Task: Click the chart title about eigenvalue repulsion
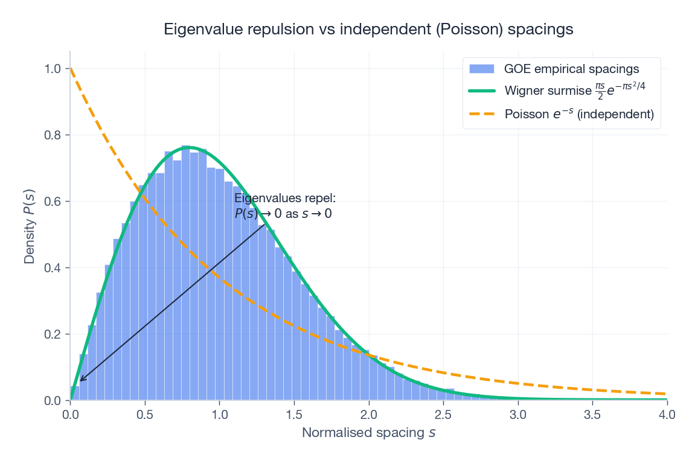[368, 29]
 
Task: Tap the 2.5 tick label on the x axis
[443, 415]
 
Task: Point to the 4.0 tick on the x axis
[667, 415]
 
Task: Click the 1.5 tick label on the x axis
[294, 415]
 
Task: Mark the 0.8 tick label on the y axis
[53, 135]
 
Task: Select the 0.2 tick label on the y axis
[53, 334]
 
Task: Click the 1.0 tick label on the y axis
[53, 69]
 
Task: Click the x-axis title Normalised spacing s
[368, 433]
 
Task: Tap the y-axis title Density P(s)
[29, 225]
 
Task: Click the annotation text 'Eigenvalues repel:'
[284, 199]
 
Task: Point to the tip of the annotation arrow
[80, 381]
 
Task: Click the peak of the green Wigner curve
[188, 147]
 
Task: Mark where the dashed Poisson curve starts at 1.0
[71, 68]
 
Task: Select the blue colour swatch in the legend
[482, 68]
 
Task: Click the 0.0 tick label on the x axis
[71, 415]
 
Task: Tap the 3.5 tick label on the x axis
[592, 415]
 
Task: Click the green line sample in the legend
[482, 91]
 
